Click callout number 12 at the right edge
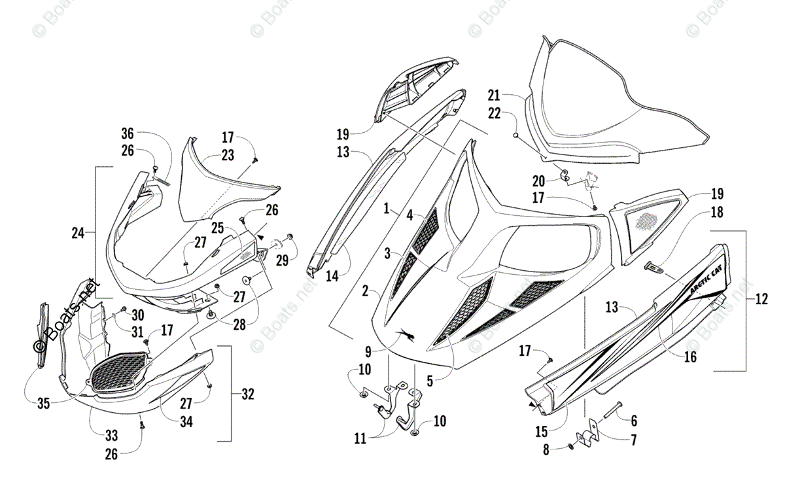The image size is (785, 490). click(761, 300)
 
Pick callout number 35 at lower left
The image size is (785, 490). click(43, 404)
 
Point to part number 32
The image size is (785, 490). click(247, 394)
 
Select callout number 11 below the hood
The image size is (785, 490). click(360, 439)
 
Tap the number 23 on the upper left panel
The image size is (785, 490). click(227, 156)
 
